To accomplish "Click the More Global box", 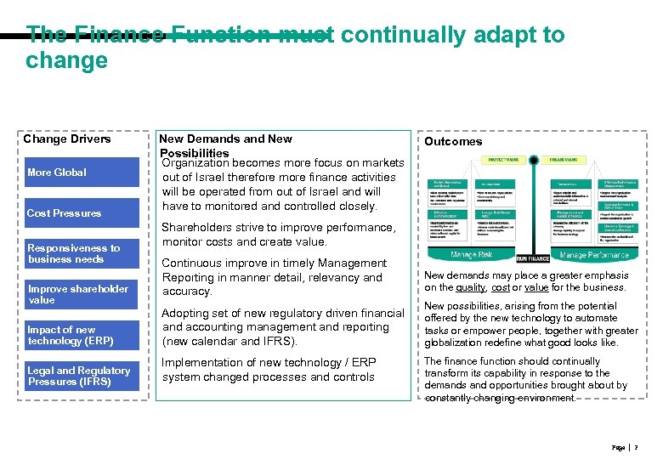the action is coord(82,173).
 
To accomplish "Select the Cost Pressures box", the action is coord(82,213).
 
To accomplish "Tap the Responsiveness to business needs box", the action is coord(82,253).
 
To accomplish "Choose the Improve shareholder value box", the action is coord(82,294).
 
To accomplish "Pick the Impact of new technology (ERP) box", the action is coord(82,335).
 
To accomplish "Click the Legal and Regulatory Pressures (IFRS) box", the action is coord(82,376).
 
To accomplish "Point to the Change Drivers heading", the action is coord(67,139).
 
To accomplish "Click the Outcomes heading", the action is coord(453,142).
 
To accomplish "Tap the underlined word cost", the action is coord(501,287).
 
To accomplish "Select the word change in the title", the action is coord(66,60).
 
